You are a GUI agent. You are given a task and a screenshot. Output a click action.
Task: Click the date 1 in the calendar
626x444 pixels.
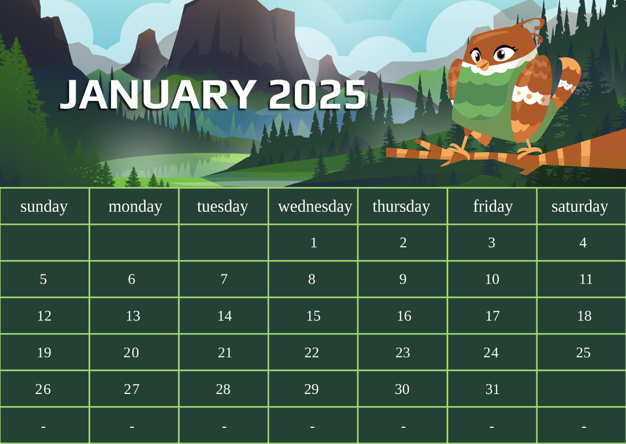pos(314,243)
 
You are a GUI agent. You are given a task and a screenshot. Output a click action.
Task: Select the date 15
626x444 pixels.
pos(314,316)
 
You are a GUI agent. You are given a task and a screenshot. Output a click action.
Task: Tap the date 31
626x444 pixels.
pos(492,389)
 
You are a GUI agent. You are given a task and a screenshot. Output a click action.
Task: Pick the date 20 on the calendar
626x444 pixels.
pos(131,353)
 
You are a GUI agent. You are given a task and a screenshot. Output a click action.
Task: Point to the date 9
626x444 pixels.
pos(403,279)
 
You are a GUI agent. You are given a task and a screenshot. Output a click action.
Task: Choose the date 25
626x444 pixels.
pos(583,353)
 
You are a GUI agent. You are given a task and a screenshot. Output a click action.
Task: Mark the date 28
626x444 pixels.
pos(223,389)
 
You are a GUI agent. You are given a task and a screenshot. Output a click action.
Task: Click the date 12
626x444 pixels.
pos(44,316)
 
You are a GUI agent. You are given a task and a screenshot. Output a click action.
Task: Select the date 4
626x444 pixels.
pos(583,243)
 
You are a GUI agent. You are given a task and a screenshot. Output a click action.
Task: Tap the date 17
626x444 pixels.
pos(492,316)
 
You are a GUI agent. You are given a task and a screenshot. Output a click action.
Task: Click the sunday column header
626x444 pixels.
pos(44,207)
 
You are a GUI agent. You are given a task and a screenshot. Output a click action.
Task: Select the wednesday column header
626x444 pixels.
pos(315,207)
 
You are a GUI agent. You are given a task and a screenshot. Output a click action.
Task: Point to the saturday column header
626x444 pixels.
pos(580,207)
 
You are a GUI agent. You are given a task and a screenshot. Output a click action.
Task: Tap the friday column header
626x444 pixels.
pos(493,207)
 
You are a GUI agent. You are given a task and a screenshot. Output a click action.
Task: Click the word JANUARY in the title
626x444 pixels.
pos(158,94)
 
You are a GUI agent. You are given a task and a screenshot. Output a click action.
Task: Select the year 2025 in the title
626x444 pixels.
pos(318,94)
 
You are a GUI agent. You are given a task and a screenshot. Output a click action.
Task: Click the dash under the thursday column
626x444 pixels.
pos(403,427)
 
